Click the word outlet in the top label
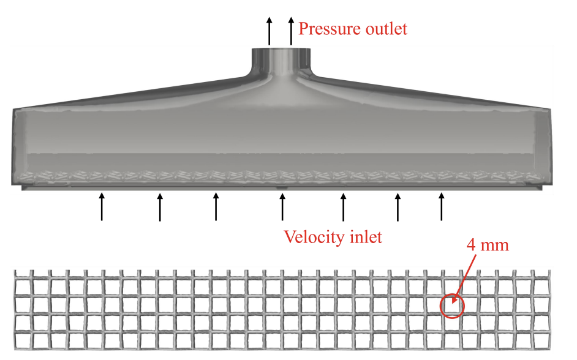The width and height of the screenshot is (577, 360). pyautogui.click(x=385, y=29)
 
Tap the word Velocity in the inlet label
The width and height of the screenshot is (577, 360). pyautogui.click(x=313, y=237)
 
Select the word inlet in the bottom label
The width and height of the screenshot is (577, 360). pyautogui.click(x=364, y=237)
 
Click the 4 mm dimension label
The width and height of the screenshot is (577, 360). pyautogui.click(x=488, y=246)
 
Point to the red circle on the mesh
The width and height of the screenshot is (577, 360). pyautogui.click(x=453, y=306)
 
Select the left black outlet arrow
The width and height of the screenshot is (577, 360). pyautogui.click(x=269, y=32)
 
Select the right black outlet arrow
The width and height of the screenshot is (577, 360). pyautogui.click(x=291, y=32)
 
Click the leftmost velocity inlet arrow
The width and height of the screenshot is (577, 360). pyautogui.click(x=102, y=206)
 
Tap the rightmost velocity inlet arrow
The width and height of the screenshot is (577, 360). pyautogui.click(x=442, y=206)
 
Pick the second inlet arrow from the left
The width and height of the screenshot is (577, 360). pyautogui.click(x=160, y=207)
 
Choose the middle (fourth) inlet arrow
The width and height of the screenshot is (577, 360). pyautogui.click(x=282, y=207)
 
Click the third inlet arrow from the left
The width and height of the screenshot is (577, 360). pyautogui.click(x=216, y=206)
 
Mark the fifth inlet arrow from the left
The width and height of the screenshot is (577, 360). pyautogui.click(x=343, y=207)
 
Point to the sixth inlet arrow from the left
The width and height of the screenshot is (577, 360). pyautogui.click(x=398, y=207)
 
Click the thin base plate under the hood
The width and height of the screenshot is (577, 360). pyautogui.click(x=184, y=187)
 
